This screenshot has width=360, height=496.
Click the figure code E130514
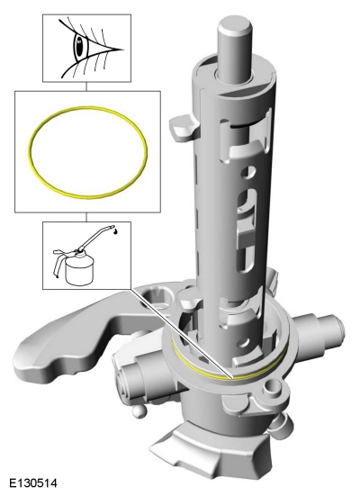(x=33, y=483)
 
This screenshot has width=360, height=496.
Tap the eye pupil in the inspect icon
(x=79, y=48)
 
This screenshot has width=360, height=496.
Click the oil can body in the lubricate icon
(x=79, y=267)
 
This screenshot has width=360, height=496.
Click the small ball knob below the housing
(x=139, y=410)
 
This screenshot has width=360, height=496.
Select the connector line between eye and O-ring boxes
(x=86, y=86)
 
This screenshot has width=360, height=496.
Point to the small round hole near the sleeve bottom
(x=244, y=343)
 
